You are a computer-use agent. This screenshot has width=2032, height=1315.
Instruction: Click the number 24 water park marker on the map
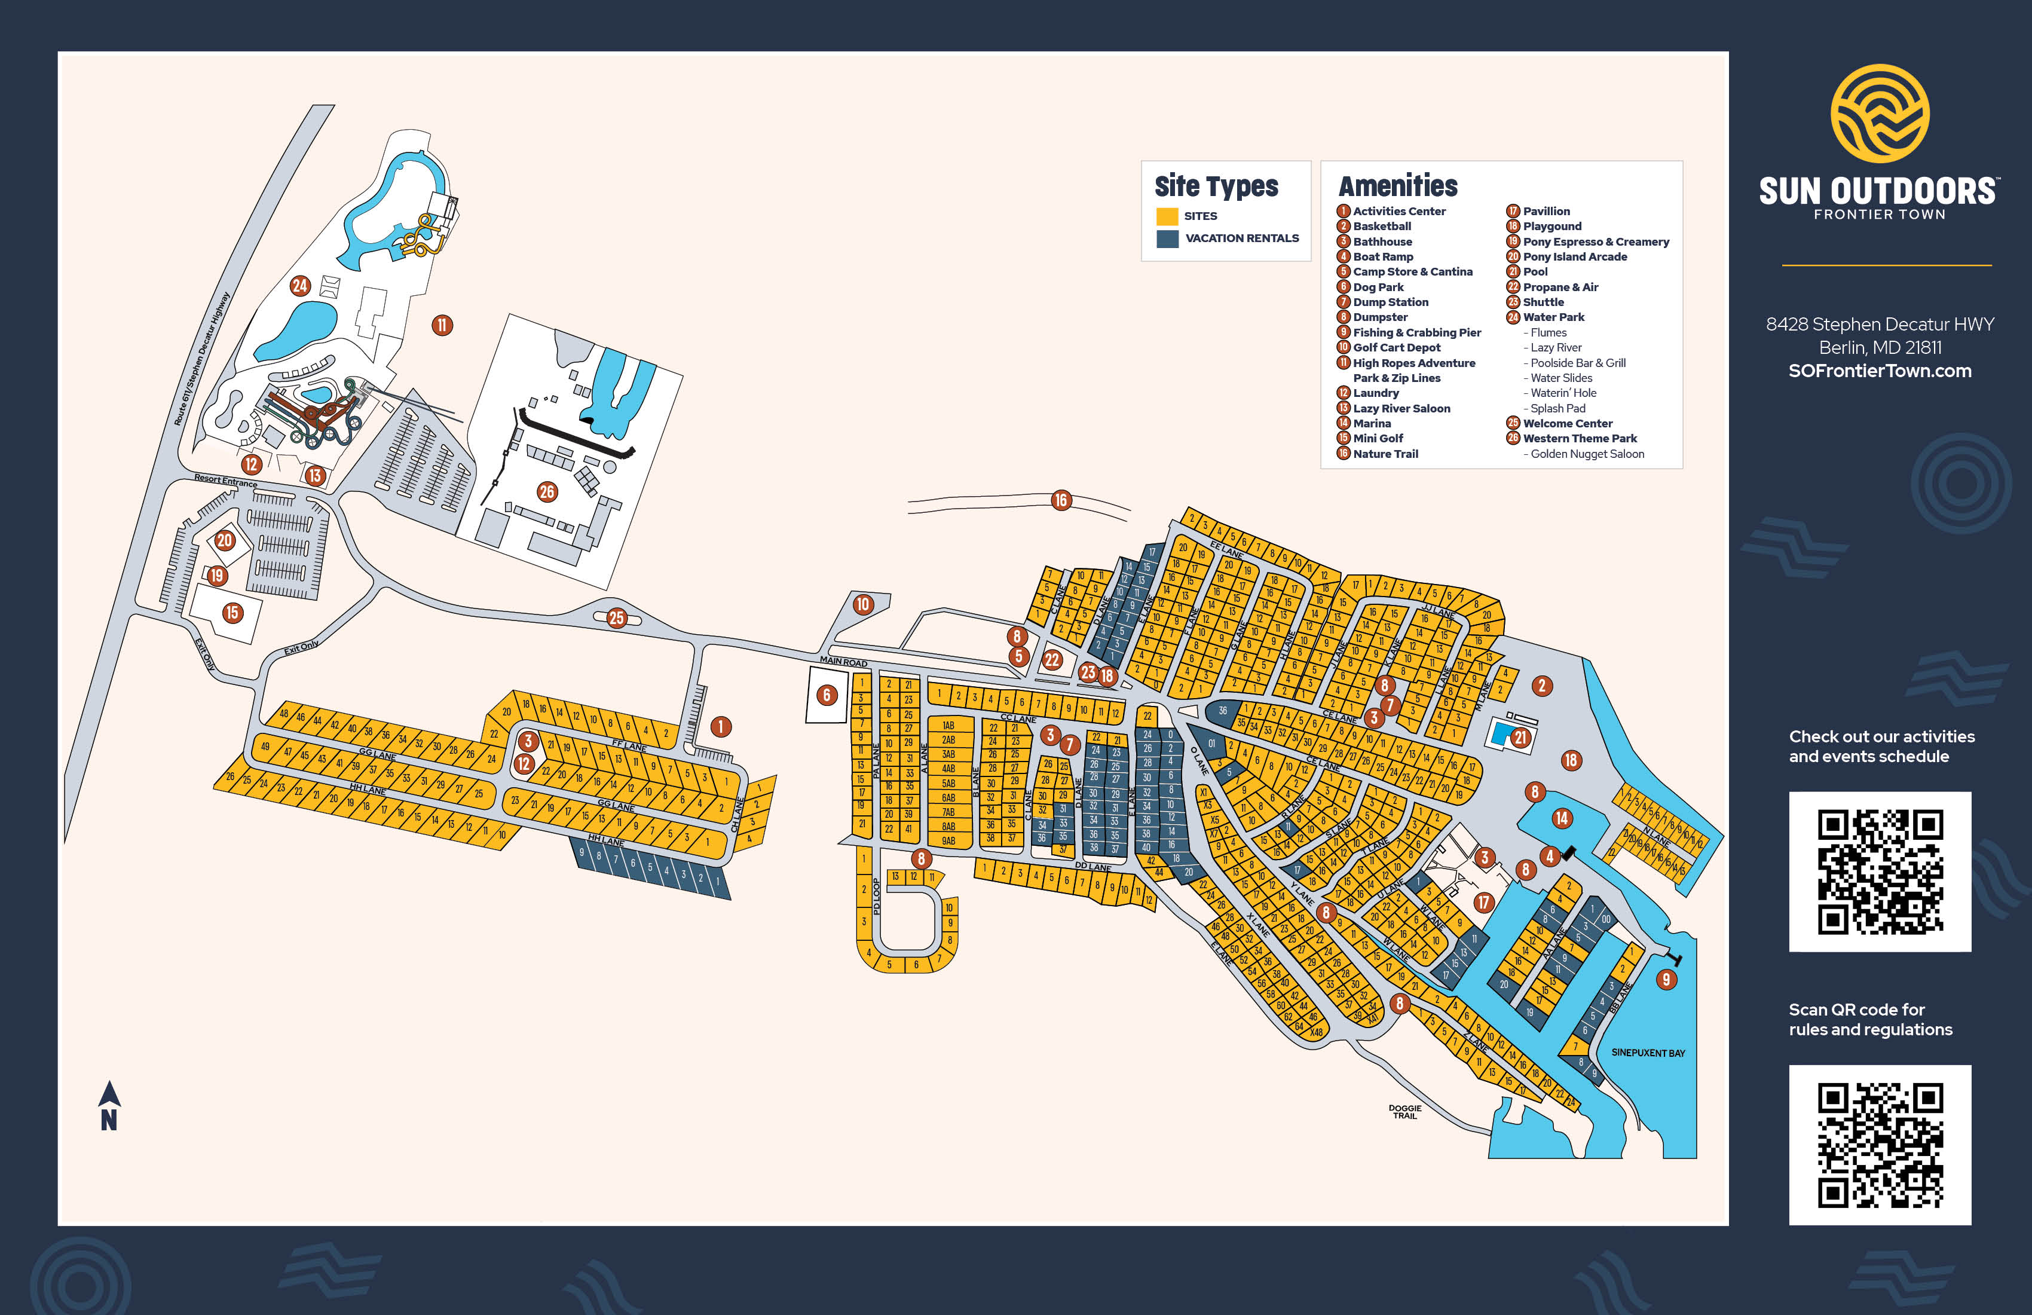299,286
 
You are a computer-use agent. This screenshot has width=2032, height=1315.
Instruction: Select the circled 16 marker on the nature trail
1060,500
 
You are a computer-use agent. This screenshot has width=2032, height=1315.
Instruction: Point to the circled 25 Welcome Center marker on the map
616,618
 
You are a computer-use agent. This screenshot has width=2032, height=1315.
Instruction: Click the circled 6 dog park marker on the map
827,695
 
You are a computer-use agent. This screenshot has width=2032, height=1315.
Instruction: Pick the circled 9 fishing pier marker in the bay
1666,980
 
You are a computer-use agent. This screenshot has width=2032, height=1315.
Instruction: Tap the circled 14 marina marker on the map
1562,818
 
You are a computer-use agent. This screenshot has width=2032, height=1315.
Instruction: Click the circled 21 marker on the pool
1520,738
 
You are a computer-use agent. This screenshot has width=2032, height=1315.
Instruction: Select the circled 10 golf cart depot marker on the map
863,604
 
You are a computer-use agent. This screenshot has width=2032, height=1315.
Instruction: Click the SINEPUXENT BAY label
1648,1053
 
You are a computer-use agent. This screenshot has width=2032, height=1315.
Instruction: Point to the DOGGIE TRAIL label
1404,1112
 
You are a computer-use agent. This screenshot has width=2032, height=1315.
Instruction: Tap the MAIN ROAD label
843,662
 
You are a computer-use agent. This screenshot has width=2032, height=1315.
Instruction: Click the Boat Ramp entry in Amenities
1383,257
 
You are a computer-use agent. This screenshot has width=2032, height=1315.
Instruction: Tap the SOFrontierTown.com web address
1880,371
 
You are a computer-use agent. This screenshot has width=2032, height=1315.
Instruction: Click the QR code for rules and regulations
1880,1144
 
